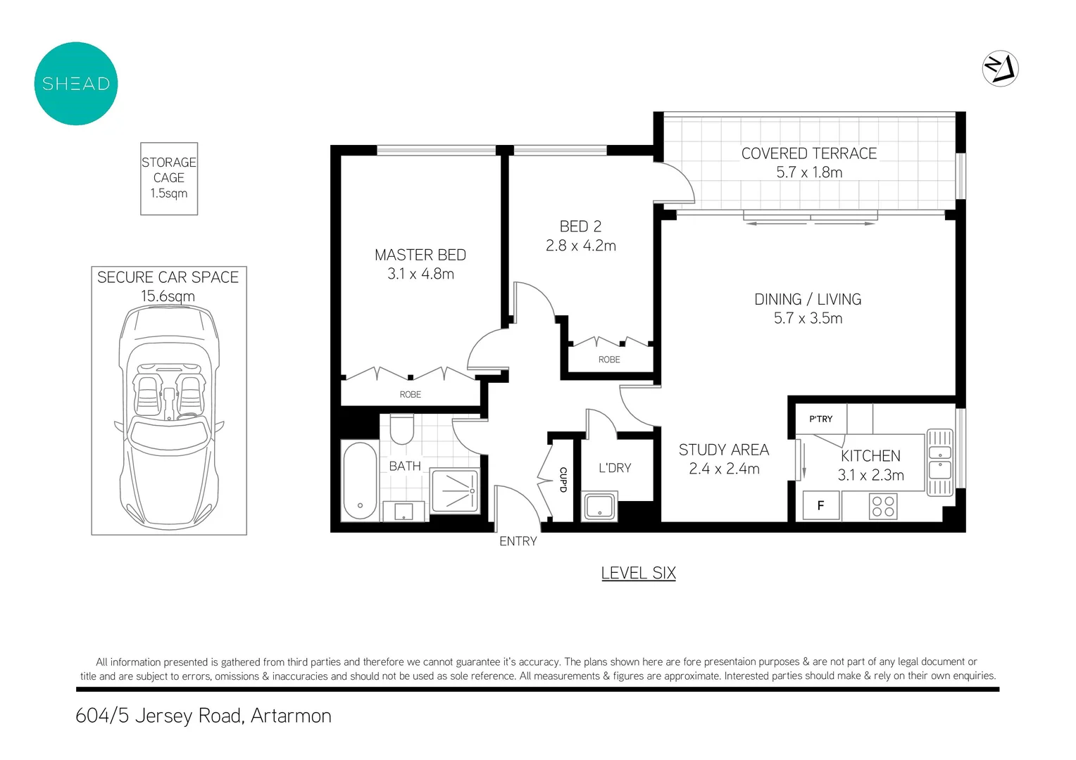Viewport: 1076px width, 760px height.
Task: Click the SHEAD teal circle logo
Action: coord(76,84)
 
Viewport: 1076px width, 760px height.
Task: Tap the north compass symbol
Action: coord(1000,69)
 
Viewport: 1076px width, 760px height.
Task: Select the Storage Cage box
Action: coord(169,178)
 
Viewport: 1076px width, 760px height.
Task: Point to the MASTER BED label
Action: coord(420,255)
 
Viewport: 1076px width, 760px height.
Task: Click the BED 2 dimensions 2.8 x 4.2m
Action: coord(580,246)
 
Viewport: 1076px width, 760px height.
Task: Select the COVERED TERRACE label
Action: coord(808,153)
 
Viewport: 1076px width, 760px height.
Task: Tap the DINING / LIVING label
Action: coord(808,299)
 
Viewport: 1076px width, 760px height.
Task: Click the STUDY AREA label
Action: coord(723,450)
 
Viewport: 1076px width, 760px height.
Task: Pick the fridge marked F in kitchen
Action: coord(820,505)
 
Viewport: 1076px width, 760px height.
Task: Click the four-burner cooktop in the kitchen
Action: coord(883,506)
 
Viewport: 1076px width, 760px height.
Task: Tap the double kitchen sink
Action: coord(939,462)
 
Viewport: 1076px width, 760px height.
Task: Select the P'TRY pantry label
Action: coord(820,419)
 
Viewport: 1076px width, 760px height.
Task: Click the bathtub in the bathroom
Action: coord(360,481)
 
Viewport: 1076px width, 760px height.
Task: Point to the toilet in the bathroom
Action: coord(402,429)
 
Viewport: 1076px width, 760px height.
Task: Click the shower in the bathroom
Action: coord(455,490)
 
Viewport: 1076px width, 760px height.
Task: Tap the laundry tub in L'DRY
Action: coord(599,507)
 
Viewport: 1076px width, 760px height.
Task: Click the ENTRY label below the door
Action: coord(518,541)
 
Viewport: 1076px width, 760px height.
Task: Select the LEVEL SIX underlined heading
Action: coord(638,573)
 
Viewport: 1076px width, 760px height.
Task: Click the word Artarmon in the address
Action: coord(291,716)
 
